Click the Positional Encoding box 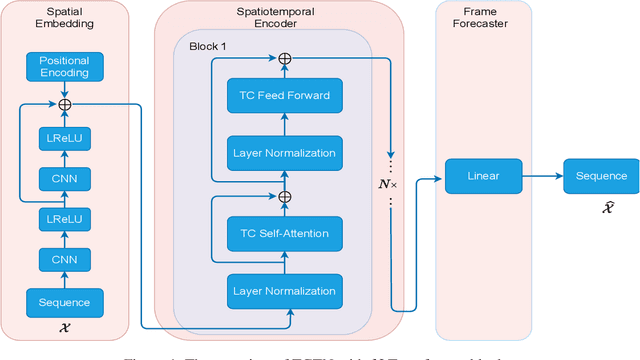click(x=64, y=68)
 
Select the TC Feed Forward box click(x=284, y=96)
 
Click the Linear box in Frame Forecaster click(x=483, y=176)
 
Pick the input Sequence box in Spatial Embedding click(x=64, y=302)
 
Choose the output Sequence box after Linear click(x=600, y=176)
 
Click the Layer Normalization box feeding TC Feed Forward click(x=284, y=152)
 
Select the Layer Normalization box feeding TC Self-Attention click(x=284, y=291)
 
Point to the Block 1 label click(x=209, y=46)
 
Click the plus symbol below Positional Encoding click(x=64, y=102)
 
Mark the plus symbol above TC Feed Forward click(x=284, y=59)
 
